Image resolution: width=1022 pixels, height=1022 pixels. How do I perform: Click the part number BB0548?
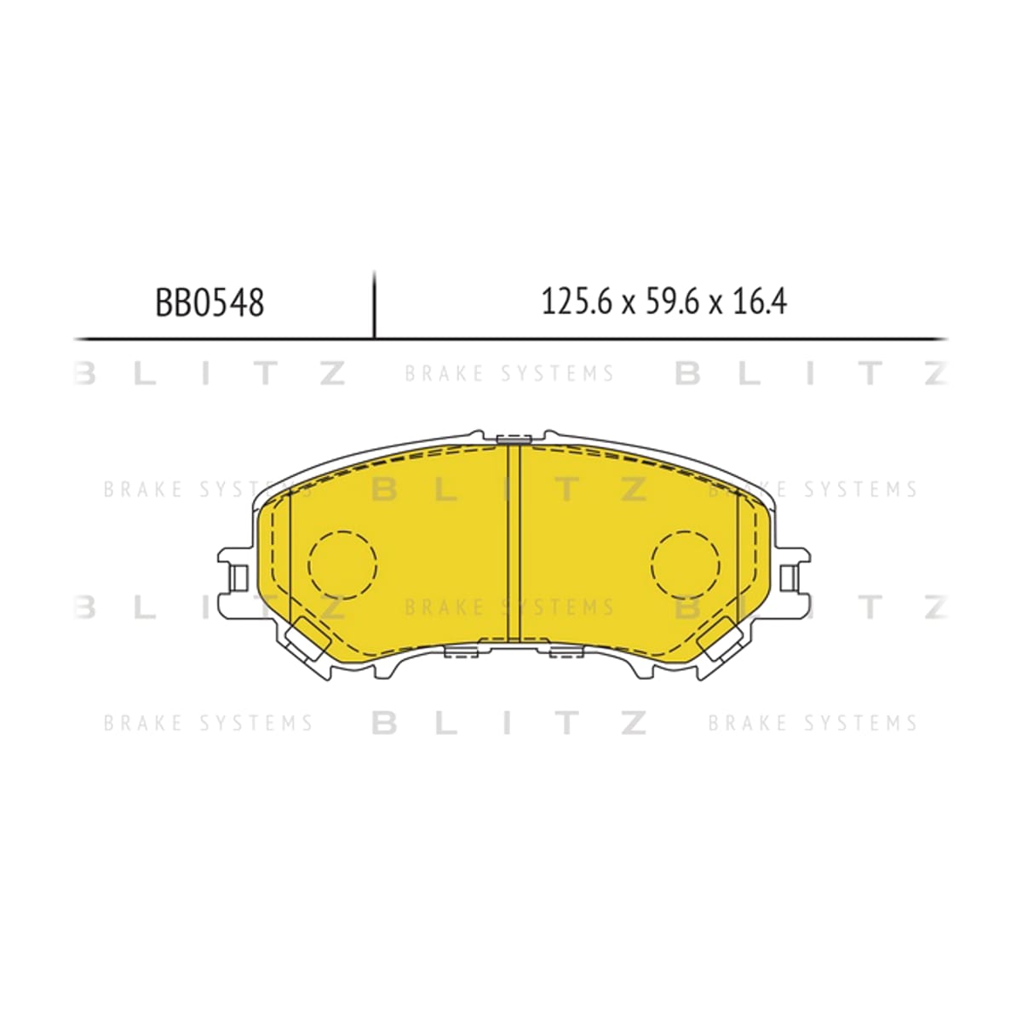pyautogui.click(x=210, y=303)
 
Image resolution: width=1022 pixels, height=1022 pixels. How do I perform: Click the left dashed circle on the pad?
pyautogui.click(x=342, y=565)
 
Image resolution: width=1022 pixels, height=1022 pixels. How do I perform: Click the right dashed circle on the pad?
pyautogui.click(x=686, y=565)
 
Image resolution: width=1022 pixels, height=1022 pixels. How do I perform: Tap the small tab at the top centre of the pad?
pyautogui.click(x=514, y=438)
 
